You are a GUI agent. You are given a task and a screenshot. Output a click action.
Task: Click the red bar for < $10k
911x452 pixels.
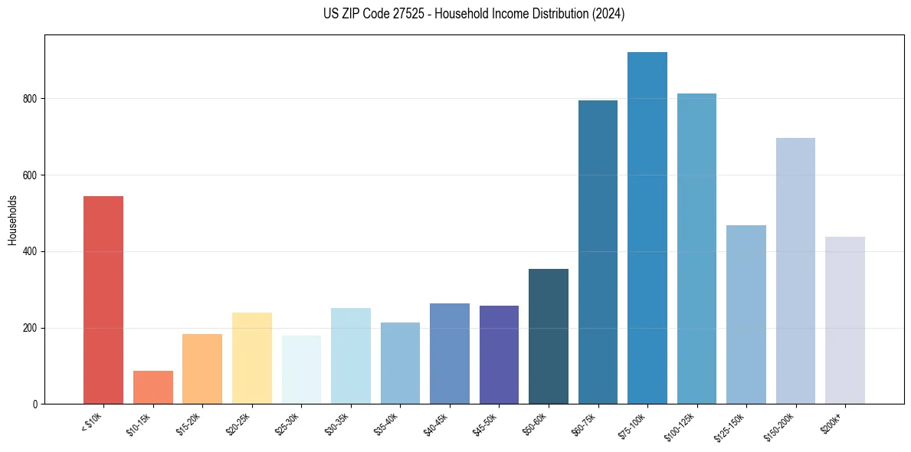(x=103, y=300)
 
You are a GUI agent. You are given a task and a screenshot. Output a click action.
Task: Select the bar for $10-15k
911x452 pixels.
(x=152, y=388)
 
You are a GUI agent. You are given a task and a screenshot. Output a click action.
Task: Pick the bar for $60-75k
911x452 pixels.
(x=598, y=252)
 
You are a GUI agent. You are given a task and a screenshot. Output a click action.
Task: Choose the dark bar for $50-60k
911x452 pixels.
(x=549, y=336)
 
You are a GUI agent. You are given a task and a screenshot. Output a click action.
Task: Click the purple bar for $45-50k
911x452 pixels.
(x=499, y=354)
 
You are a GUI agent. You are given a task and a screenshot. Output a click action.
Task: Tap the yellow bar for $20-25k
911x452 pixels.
(x=251, y=358)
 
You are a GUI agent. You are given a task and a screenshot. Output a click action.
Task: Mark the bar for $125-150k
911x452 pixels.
(x=746, y=314)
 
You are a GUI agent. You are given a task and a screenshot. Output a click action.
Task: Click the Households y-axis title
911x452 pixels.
(x=12, y=220)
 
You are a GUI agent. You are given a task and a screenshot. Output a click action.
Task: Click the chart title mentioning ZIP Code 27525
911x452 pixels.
(x=474, y=14)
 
